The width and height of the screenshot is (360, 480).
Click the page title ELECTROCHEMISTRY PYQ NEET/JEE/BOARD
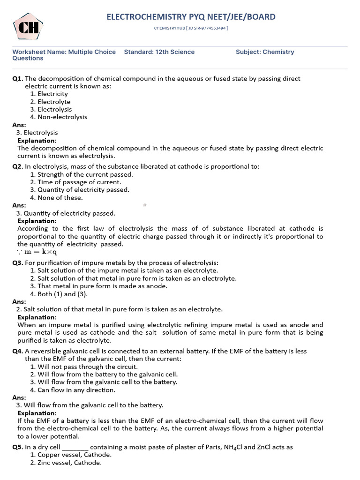click(x=191, y=17)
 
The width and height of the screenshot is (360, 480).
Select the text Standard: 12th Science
click(x=159, y=52)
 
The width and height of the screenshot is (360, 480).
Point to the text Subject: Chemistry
click(x=265, y=52)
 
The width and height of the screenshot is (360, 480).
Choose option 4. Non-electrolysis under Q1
click(x=59, y=117)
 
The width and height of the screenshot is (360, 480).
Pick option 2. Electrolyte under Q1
click(x=50, y=102)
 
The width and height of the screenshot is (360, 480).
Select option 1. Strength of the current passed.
click(x=82, y=174)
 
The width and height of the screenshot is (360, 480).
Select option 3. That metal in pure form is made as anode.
click(x=98, y=286)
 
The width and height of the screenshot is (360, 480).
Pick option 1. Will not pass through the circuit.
click(x=84, y=367)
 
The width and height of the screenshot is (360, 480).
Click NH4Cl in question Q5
click(x=217, y=447)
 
